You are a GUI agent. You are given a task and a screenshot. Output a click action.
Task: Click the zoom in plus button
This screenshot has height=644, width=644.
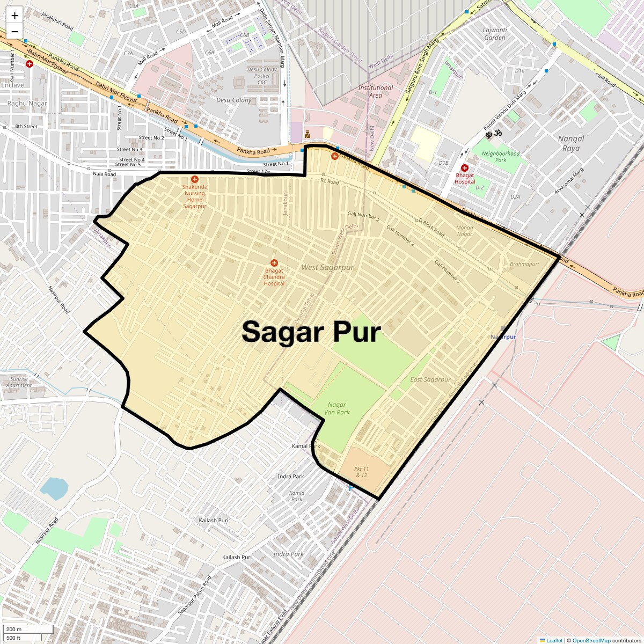14,15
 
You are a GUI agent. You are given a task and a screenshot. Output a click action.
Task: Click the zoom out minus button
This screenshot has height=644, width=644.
14,32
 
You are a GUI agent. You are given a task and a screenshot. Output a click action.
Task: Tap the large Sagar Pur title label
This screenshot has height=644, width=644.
311,332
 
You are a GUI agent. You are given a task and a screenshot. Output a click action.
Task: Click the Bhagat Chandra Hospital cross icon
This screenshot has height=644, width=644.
274,263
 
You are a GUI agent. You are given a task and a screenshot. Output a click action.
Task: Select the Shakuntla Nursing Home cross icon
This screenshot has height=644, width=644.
194,180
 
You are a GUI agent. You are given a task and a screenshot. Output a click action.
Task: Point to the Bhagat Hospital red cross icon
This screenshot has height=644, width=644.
465,168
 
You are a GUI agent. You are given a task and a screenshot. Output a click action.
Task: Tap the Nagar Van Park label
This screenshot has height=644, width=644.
337,408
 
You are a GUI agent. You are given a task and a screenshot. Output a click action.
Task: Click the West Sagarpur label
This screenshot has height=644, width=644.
327,267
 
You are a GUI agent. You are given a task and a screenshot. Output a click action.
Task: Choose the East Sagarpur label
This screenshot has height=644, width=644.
430,379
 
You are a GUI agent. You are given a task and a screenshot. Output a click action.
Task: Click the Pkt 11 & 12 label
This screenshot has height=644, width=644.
362,472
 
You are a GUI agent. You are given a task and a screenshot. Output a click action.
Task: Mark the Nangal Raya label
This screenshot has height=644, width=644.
571,143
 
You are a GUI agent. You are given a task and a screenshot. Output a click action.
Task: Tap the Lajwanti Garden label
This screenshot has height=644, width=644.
495,34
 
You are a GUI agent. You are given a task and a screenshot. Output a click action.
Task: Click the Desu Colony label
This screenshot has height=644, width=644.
234,100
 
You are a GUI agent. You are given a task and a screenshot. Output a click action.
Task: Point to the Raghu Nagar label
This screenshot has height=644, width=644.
27,103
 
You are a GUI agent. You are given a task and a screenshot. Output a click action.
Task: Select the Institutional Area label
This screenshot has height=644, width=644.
376,91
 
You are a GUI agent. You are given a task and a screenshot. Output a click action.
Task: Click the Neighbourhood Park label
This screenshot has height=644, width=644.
501,157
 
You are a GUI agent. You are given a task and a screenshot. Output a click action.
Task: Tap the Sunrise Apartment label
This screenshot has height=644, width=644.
19,382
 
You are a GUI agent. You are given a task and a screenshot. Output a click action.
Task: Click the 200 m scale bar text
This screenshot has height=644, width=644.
14,629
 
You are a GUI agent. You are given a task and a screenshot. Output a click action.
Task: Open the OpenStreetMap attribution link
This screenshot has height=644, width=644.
591,640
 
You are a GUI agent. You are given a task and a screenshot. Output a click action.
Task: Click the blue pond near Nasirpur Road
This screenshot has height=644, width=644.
54,488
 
